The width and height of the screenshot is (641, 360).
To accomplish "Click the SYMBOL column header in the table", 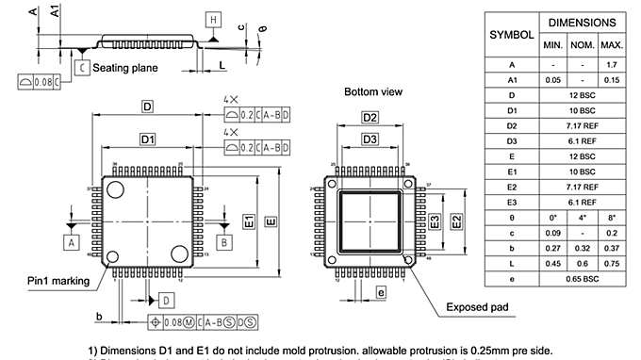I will (511, 34).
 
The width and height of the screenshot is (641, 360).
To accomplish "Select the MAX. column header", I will (612, 45).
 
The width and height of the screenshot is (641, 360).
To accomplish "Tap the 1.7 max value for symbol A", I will (612, 64).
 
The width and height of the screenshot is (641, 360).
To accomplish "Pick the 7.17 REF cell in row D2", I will (583, 124).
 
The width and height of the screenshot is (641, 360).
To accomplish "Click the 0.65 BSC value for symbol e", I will (583, 279).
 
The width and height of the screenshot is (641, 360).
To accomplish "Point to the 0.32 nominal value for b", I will (583, 248).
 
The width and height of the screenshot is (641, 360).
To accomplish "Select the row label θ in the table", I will (511, 217).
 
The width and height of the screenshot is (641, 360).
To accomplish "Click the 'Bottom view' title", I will (372, 92).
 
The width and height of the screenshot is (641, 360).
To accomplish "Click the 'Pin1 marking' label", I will (58, 280).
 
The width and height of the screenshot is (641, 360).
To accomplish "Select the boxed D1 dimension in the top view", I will (147, 139).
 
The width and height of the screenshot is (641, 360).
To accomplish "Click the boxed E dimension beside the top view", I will (271, 221).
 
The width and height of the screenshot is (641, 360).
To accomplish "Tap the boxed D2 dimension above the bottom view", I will (370, 117).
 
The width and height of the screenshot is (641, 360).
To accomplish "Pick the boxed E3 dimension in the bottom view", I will (435, 222).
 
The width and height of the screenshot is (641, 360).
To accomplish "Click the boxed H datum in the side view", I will (213, 20).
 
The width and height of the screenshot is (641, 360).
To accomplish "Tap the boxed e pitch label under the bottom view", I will (380, 293).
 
